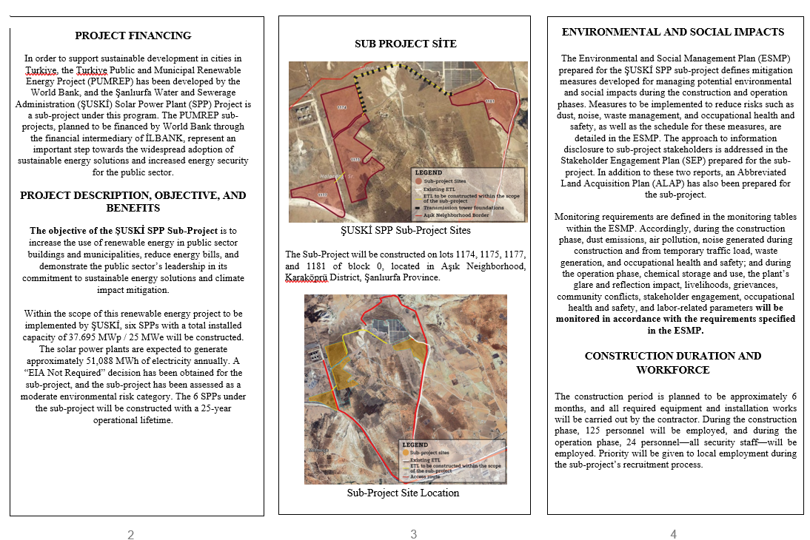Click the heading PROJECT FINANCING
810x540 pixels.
click(133, 36)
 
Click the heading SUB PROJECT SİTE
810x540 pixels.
click(406, 44)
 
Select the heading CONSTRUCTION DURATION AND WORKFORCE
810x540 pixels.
click(672, 362)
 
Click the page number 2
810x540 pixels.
click(131, 535)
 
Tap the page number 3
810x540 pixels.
click(414, 534)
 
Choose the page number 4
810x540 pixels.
click(673, 534)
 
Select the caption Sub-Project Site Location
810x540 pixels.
click(403, 493)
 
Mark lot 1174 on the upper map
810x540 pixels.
click(341, 107)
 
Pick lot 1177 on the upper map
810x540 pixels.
click(322, 195)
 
